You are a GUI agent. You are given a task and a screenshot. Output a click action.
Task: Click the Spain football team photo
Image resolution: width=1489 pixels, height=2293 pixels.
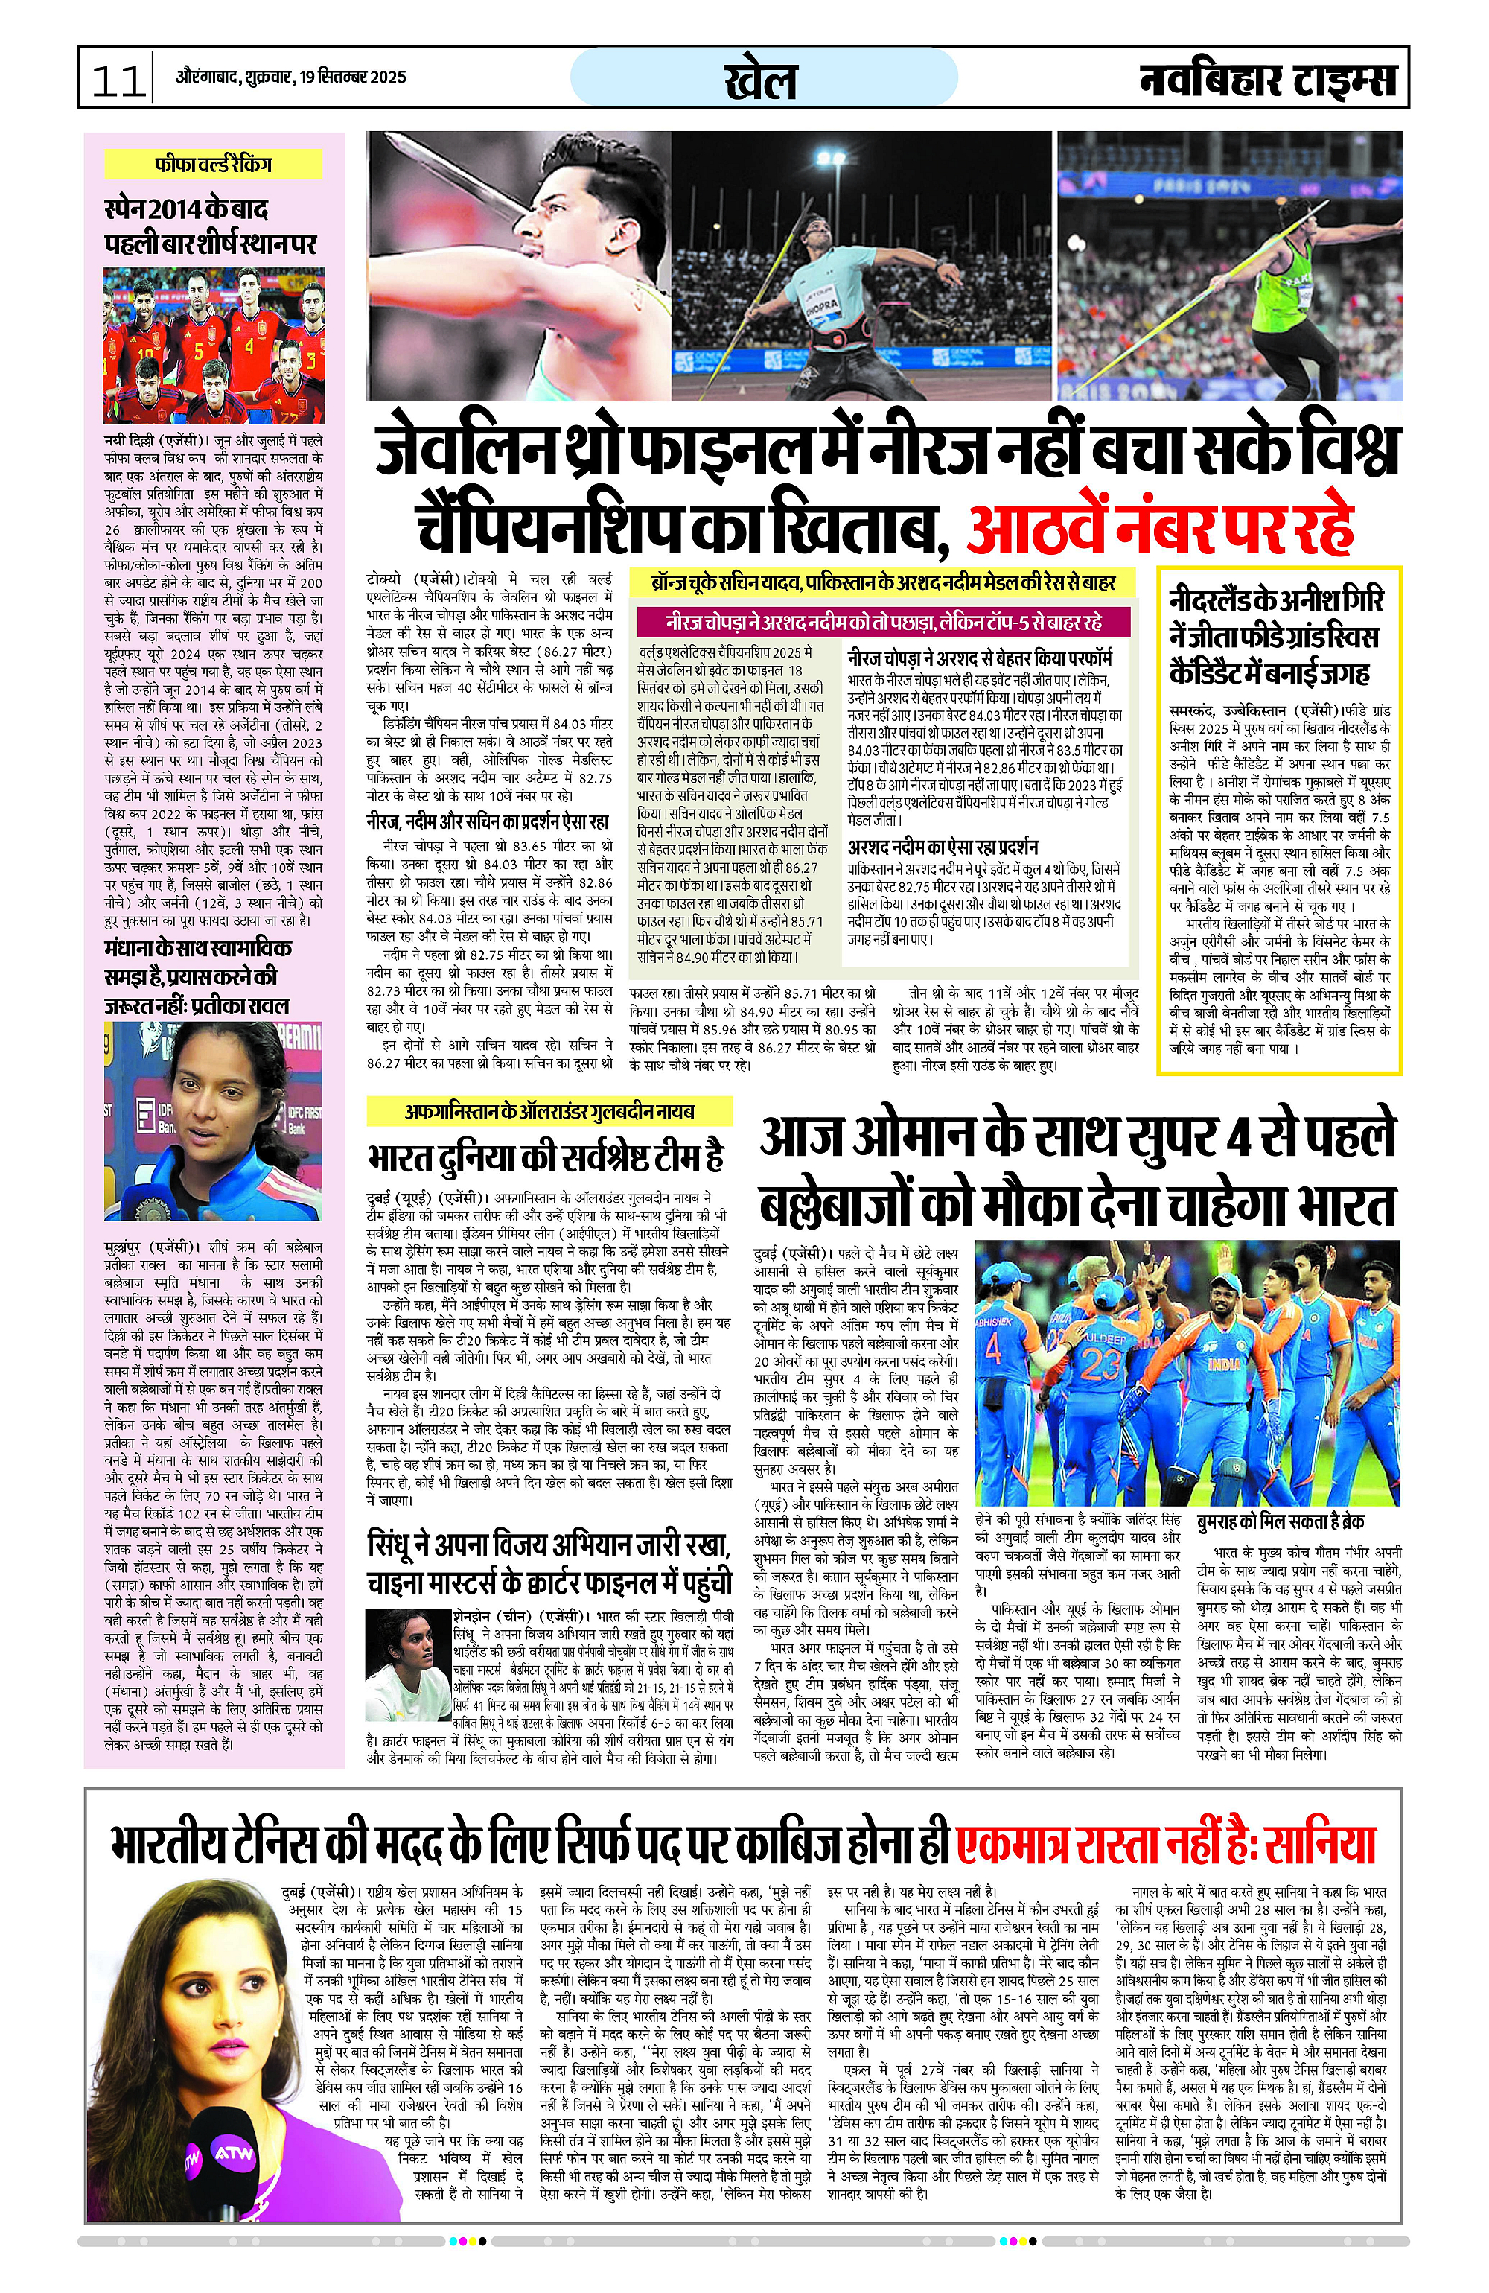(x=214, y=345)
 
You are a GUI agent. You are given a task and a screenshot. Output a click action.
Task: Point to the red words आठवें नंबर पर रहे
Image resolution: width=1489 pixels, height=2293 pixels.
(x=1161, y=525)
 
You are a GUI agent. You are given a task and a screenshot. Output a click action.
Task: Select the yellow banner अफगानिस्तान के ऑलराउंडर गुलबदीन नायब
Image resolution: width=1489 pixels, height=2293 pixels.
(x=549, y=1111)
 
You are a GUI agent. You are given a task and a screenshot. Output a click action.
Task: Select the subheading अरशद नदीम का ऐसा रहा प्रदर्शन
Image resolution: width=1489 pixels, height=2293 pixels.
(x=942, y=847)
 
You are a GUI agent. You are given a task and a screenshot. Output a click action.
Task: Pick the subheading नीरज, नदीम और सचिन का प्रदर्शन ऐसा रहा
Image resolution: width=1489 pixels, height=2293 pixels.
(x=488, y=822)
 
